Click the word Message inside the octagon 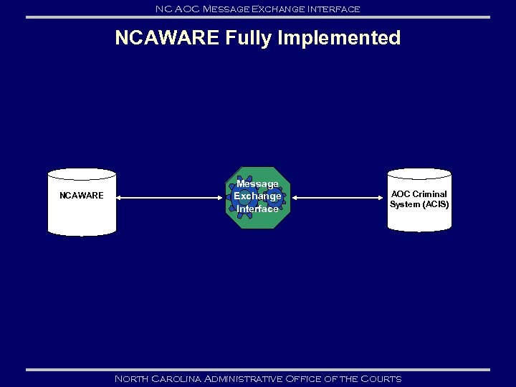point(257,184)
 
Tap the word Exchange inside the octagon point(257,196)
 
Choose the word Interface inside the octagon point(257,209)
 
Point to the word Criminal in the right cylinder point(429,194)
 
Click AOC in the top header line point(186,9)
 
